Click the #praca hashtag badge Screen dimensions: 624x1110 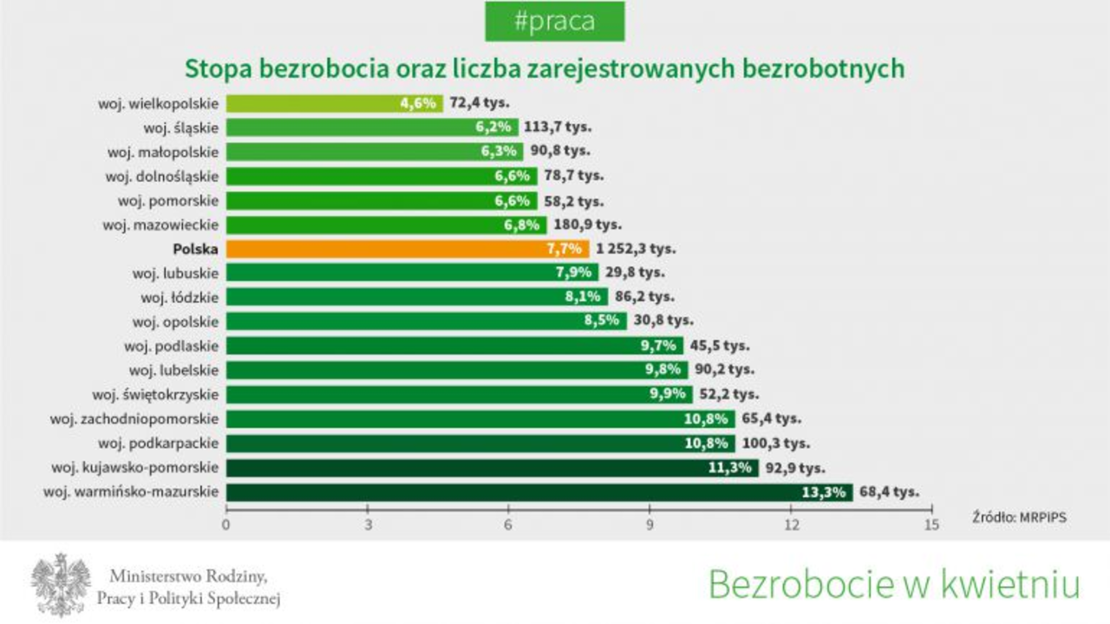pyautogui.click(x=554, y=22)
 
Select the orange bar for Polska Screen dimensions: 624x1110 pyautogui.click(x=408, y=249)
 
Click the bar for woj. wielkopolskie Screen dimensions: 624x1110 pyautogui.click(x=334, y=103)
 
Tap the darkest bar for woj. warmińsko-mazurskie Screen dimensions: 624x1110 pyautogui.click(x=538, y=492)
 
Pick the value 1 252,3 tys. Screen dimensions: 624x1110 pyautogui.click(x=636, y=249)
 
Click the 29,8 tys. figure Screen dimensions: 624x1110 pyautogui.click(x=635, y=273)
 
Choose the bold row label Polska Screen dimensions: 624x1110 pyautogui.click(x=195, y=249)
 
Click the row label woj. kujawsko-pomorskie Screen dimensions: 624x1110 pyautogui.click(x=134, y=468)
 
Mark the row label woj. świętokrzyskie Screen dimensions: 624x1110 pyautogui.click(x=155, y=395)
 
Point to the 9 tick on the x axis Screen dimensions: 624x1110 pyautogui.click(x=650, y=524)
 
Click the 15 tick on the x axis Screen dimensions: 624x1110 pyautogui.click(x=931, y=524)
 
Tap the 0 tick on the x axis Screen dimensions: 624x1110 pyautogui.click(x=226, y=524)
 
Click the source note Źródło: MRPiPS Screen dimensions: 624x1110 pyautogui.click(x=1019, y=517)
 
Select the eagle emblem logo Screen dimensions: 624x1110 pyautogui.click(x=61, y=583)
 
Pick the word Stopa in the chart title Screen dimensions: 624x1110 pyautogui.click(x=209, y=68)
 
